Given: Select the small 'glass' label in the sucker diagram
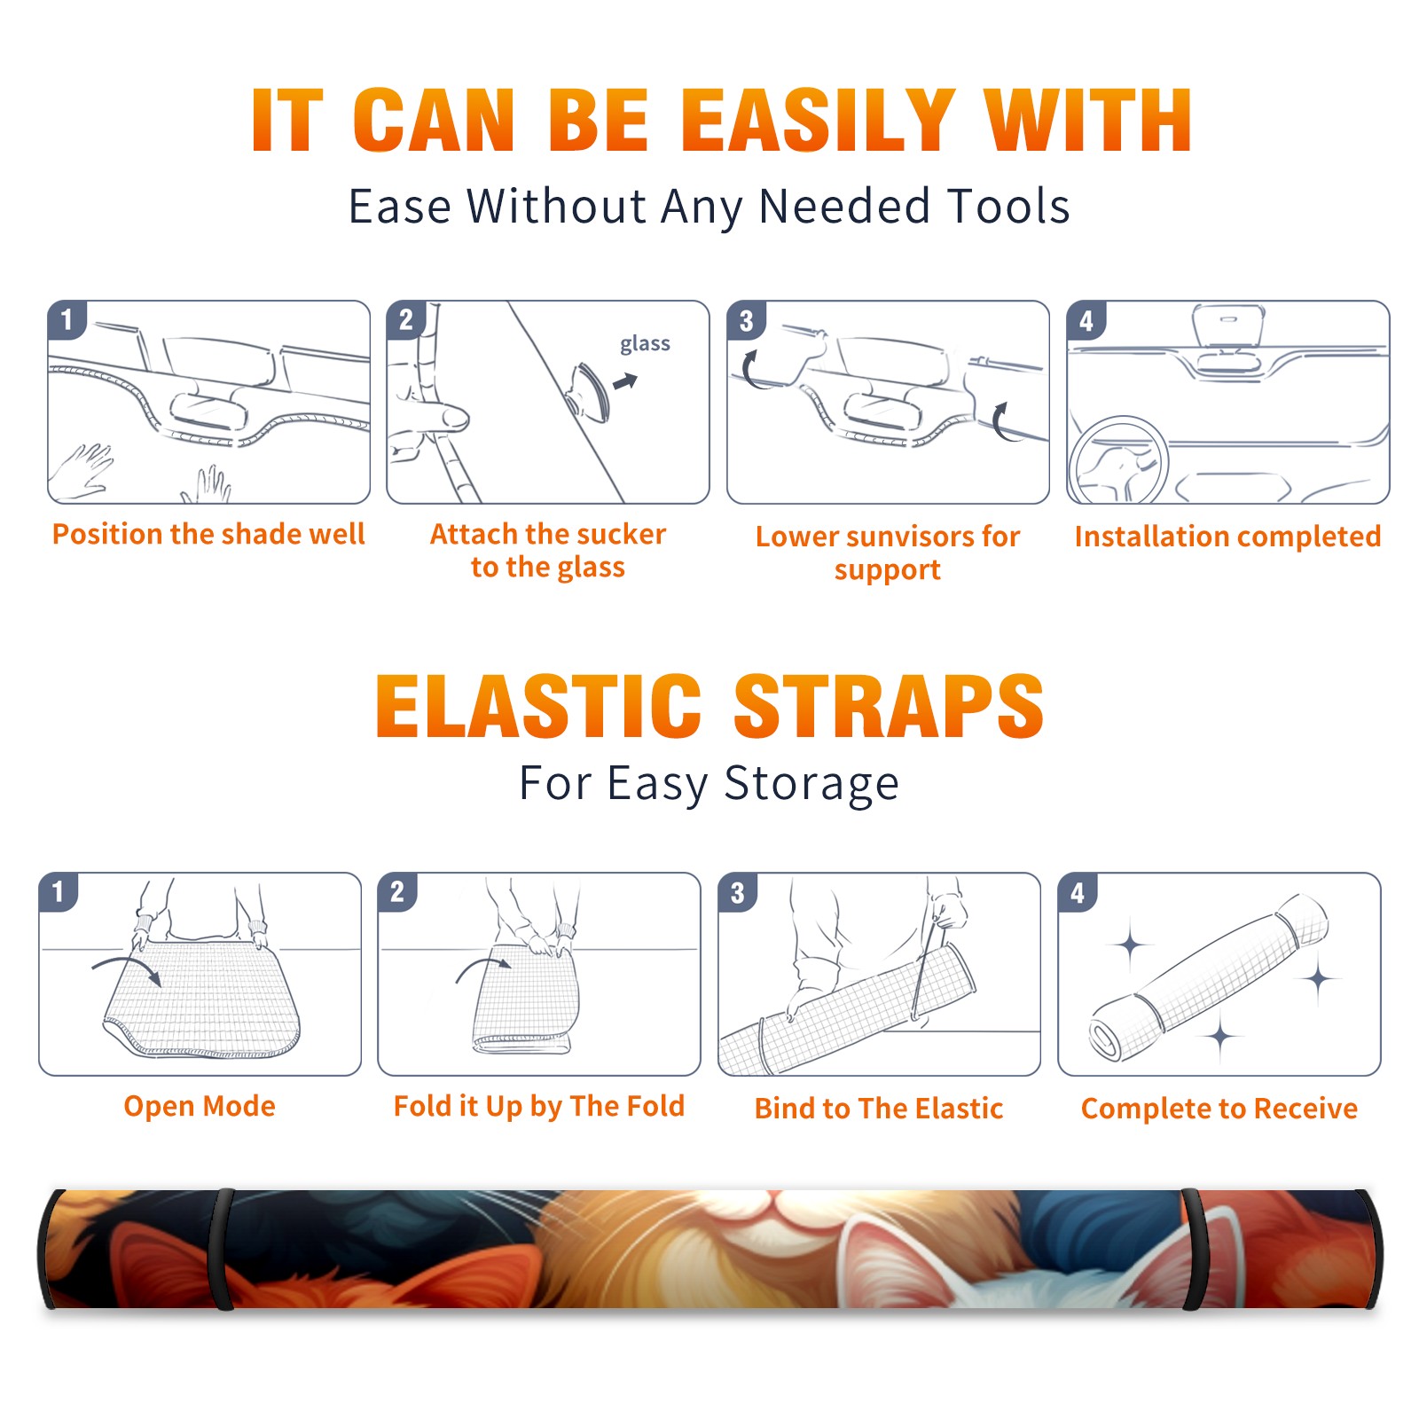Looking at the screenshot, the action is (645, 344).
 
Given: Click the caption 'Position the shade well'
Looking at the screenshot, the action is (208, 534).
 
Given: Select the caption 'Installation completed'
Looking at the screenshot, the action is (1227, 536).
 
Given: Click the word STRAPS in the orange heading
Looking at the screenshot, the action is (889, 706).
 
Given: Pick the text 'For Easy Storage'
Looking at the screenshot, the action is (709, 783).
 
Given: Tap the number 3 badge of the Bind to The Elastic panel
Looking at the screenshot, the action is (738, 892).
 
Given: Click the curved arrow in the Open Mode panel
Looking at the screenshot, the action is (127, 968).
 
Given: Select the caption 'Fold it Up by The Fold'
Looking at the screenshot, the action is (538, 1106).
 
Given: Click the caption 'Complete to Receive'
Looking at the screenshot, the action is (1219, 1109).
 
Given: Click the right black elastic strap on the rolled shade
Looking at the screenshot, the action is (1195, 1250).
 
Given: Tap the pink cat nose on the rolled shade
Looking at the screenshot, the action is (774, 1199).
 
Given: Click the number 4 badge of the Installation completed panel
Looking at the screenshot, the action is (1086, 320).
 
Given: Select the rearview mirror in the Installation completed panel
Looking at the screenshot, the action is (1228, 325).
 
